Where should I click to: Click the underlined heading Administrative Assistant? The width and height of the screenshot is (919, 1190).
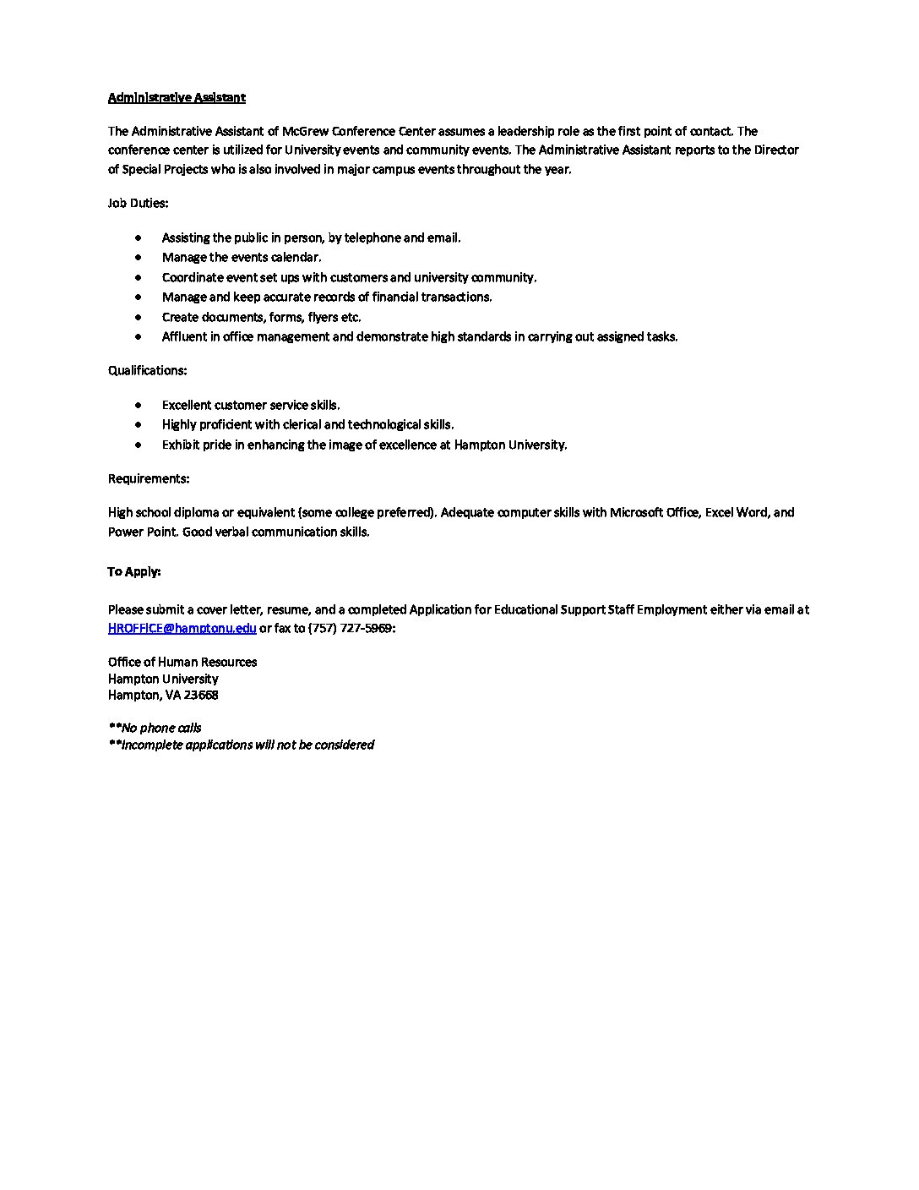(x=177, y=97)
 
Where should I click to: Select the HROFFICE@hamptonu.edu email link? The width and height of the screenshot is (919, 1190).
(x=182, y=628)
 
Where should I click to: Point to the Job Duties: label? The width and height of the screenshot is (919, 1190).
(x=138, y=203)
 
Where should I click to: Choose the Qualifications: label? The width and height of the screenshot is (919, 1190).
(x=147, y=370)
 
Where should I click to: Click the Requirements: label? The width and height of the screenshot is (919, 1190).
(x=149, y=478)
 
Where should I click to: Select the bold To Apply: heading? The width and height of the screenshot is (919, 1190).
(x=133, y=571)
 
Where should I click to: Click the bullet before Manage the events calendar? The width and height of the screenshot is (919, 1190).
(x=139, y=258)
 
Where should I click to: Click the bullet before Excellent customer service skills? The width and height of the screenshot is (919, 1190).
(x=139, y=406)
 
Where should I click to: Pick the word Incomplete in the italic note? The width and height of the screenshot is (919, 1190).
(x=152, y=745)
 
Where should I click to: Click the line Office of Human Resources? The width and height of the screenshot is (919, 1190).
(x=182, y=662)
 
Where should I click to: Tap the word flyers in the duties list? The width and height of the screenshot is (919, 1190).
(x=323, y=317)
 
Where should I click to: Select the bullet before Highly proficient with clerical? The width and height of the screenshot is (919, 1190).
(x=139, y=425)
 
